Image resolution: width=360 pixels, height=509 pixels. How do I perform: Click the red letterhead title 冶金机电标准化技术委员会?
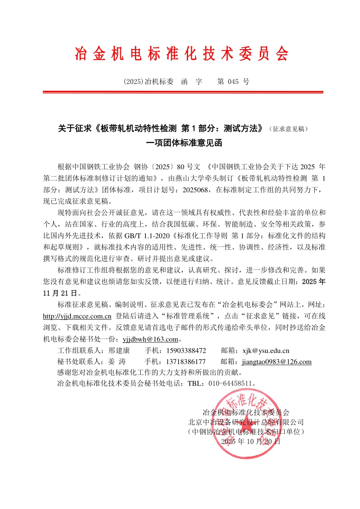tap(182, 54)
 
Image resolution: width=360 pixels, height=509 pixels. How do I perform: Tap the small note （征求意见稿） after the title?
tap(289, 129)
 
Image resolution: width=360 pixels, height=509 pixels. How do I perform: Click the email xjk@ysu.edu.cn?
tap(265, 351)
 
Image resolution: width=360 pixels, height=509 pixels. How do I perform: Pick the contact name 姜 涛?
tap(116, 362)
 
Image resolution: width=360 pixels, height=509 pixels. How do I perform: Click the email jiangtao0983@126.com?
tap(276, 362)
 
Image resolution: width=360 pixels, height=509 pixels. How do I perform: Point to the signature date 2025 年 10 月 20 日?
tap(251, 441)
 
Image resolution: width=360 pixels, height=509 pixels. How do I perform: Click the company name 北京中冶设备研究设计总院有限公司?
tap(246, 422)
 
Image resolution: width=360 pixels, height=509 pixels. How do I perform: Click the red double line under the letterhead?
tap(183, 92)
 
